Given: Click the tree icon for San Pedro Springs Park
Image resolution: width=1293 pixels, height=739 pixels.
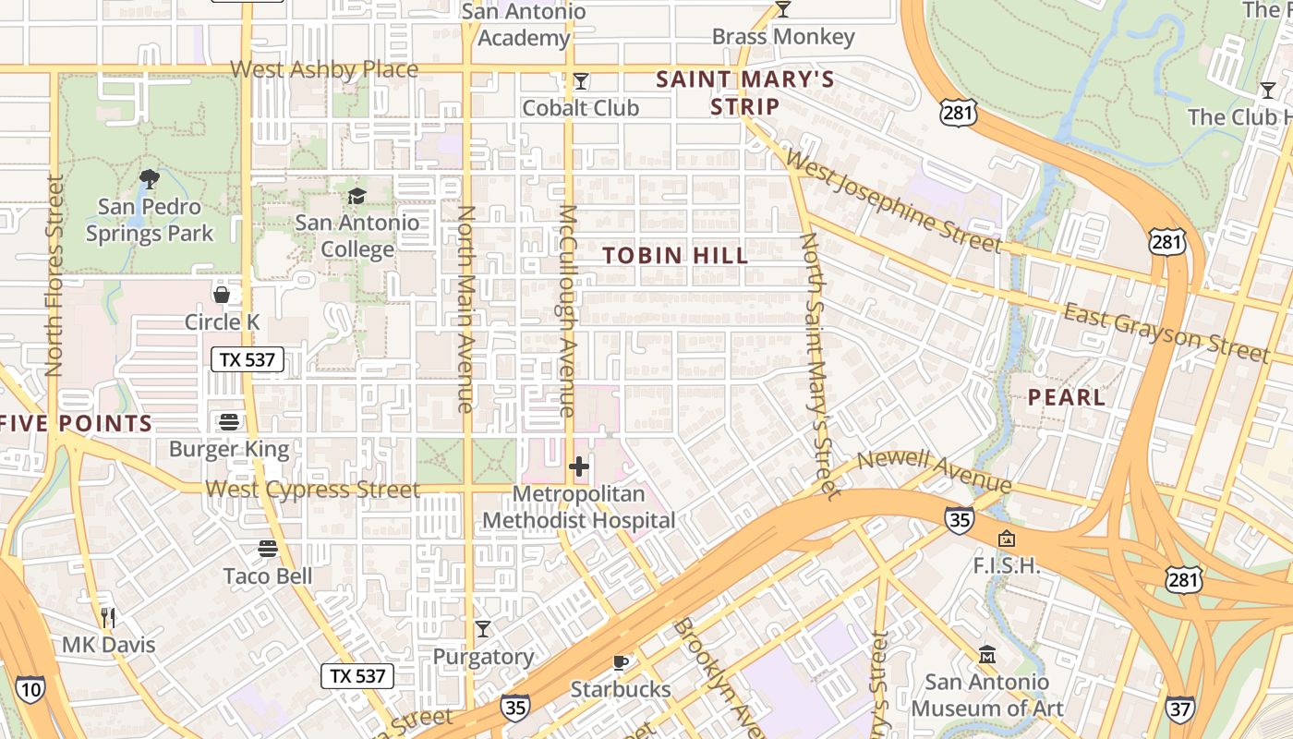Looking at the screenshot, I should click(149, 177).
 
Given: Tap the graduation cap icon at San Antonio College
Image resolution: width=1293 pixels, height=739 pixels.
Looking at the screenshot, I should click(356, 195).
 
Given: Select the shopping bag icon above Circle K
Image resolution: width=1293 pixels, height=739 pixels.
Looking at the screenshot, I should click(222, 295).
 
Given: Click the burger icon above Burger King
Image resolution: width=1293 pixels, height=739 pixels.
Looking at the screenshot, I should click(229, 422).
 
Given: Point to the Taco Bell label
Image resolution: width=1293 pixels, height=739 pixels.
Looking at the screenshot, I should click(268, 576).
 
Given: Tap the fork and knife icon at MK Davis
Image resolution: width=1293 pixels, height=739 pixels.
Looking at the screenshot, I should click(108, 617).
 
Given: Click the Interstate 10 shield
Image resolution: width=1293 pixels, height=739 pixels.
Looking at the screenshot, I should click(30, 689).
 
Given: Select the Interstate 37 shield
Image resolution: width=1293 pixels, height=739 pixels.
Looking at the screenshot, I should click(1179, 708).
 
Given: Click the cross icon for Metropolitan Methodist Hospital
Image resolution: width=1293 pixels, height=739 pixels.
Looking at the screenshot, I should click(579, 467).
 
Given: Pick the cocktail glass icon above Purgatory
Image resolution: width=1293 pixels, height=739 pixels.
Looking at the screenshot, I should click(483, 629).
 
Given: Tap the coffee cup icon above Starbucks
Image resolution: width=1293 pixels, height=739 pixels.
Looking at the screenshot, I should click(621, 661).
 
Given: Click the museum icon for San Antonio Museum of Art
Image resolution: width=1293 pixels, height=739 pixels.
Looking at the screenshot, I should click(987, 654).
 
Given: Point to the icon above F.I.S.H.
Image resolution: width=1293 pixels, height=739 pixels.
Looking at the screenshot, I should click(1006, 538).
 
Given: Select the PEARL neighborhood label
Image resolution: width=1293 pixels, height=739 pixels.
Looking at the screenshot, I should click(1067, 397).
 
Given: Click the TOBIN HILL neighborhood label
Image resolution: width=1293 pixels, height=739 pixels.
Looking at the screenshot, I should click(675, 255).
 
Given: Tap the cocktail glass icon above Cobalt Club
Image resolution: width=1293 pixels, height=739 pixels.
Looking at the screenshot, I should click(580, 81).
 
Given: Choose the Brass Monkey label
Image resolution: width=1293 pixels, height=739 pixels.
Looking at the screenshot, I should click(783, 37).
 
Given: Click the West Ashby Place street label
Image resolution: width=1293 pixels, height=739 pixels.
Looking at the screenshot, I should click(324, 69).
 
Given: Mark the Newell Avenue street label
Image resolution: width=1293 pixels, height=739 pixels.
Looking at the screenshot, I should click(935, 471).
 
